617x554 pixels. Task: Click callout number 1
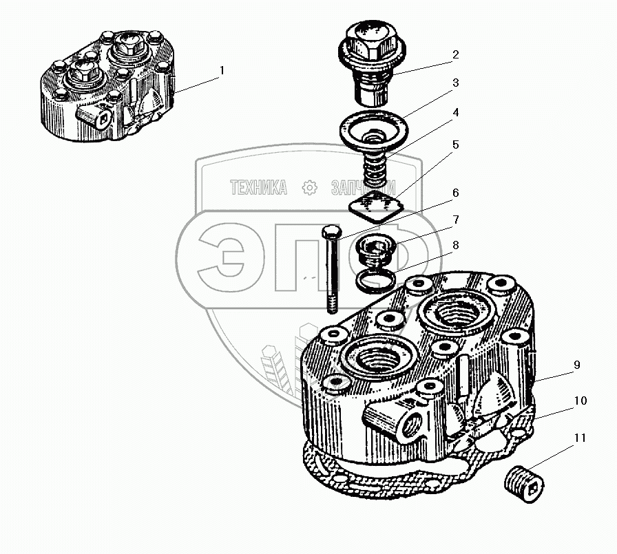pyautogui.click(x=222, y=70)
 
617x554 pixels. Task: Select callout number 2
pyautogui.click(x=455, y=54)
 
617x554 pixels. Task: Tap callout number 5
pyautogui.click(x=455, y=146)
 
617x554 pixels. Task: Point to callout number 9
pyautogui.click(x=576, y=365)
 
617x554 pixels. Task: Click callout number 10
pyautogui.click(x=580, y=401)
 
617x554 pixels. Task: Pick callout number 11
pyautogui.click(x=580, y=438)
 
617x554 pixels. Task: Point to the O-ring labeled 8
pyautogui.click(x=377, y=279)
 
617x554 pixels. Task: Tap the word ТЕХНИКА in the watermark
pyautogui.click(x=258, y=187)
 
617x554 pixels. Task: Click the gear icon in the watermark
pyautogui.click(x=310, y=187)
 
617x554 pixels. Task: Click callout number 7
pyautogui.click(x=455, y=220)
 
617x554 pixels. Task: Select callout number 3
pyautogui.click(x=455, y=83)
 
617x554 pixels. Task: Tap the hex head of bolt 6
pyautogui.click(x=328, y=231)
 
